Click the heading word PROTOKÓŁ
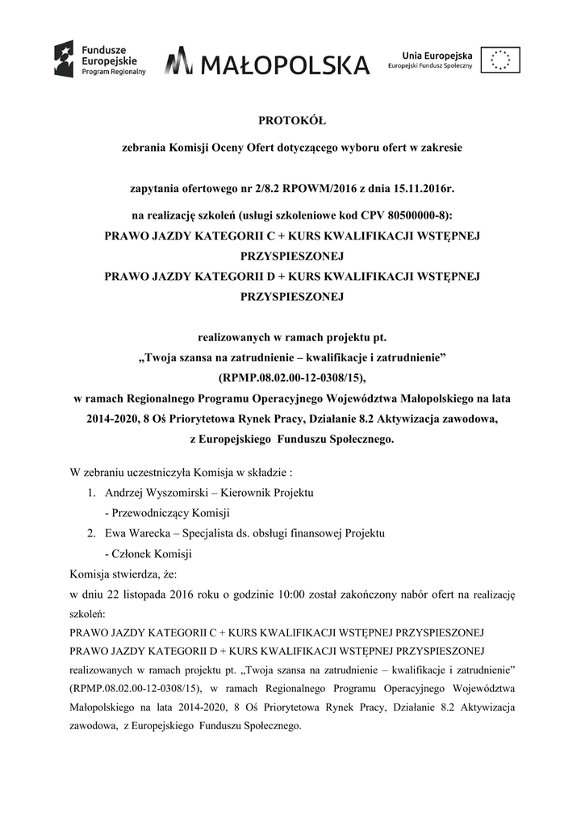point(292,122)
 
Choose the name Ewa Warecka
point(135,533)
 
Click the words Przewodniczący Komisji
point(172,513)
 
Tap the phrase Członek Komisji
point(153,554)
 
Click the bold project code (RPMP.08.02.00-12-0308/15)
point(292,377)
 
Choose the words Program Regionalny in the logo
point(112,71)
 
